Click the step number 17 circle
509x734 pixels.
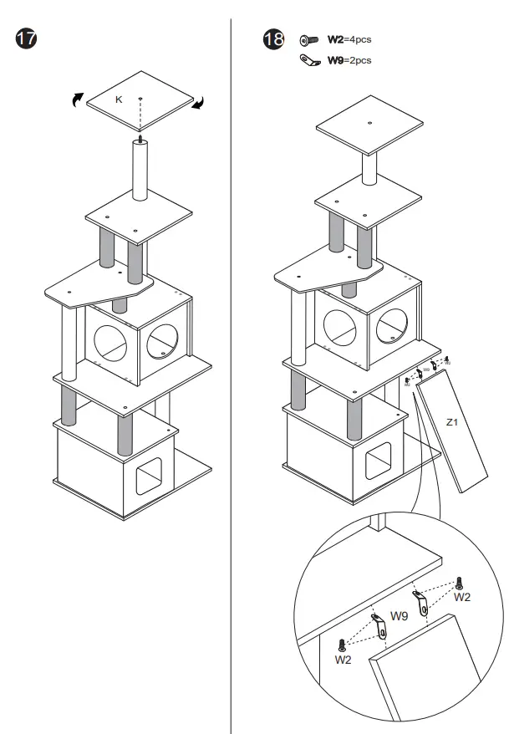pyautogui.click(x=26, y=39)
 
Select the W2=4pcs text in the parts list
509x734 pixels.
pyautogui.click(x=349, y=38)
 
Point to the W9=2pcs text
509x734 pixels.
pyautogui.click(x=349, y=59)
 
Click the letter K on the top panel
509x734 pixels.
pyautogui.click(x=119, y=99)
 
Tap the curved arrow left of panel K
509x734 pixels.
pyautogui.click(x=76, y=99)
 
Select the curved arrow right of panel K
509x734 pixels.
pyautogui.click(x=200, y=103)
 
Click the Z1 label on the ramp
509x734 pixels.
pyautogui.click(x=451, y=423)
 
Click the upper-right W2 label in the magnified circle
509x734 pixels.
pyautogui.click(x=462, y=597)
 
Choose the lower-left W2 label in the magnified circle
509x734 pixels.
pyautogui.click(x=344, y=660)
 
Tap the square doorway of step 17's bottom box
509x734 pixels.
pyautogui.click(x=149, y=476)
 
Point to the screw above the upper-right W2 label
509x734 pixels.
pyautogui.click(x=460, y=582)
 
